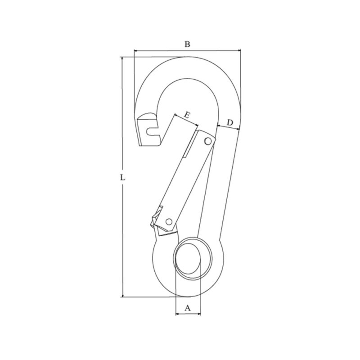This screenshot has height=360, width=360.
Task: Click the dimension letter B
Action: pos(188,44)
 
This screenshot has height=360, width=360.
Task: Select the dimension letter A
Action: pos(188,308)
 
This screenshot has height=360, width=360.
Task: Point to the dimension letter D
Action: pos(229,122)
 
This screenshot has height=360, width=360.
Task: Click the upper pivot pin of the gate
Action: pos(207,141)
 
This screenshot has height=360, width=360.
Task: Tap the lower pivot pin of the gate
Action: pos(169,221)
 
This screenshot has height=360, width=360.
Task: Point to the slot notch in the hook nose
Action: pos(153,131)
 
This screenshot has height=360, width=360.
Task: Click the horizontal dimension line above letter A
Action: pos(188,315)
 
